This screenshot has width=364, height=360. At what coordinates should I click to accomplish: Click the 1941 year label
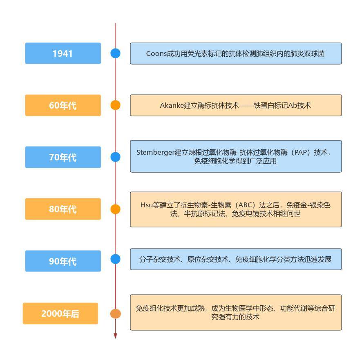(x=63, y=53)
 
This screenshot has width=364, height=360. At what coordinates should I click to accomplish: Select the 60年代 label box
(x=63, y=105)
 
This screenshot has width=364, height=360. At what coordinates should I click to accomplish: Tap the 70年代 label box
(x=63, y=157)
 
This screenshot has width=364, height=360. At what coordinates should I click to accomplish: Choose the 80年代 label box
(x=63, y=209)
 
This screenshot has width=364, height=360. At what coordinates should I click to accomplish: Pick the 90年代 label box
(x=63, y=261)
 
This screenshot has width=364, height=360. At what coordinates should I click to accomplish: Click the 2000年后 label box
(x=60, y=313)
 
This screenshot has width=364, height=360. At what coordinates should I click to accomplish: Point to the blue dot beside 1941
(x=115, y=53)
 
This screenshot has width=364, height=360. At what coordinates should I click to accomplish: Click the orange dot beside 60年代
(x=115, y=105)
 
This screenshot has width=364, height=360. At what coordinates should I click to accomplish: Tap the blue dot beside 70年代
(x=115, y=157)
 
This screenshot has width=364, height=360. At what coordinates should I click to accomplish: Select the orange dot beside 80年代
(x=115, y=209)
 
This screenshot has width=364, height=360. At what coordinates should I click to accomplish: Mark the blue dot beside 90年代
(x=115, y=259)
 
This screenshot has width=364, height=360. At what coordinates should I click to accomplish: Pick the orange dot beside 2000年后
(x=115, y=313)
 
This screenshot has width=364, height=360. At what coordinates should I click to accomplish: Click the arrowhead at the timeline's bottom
(x=115, y=336)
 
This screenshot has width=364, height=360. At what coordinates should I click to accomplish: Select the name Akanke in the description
(x=172, y=106)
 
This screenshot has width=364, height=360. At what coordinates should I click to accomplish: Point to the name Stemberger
(x=155, y=153)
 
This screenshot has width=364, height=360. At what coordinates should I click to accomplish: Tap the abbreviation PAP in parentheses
(x=301, y=152)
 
